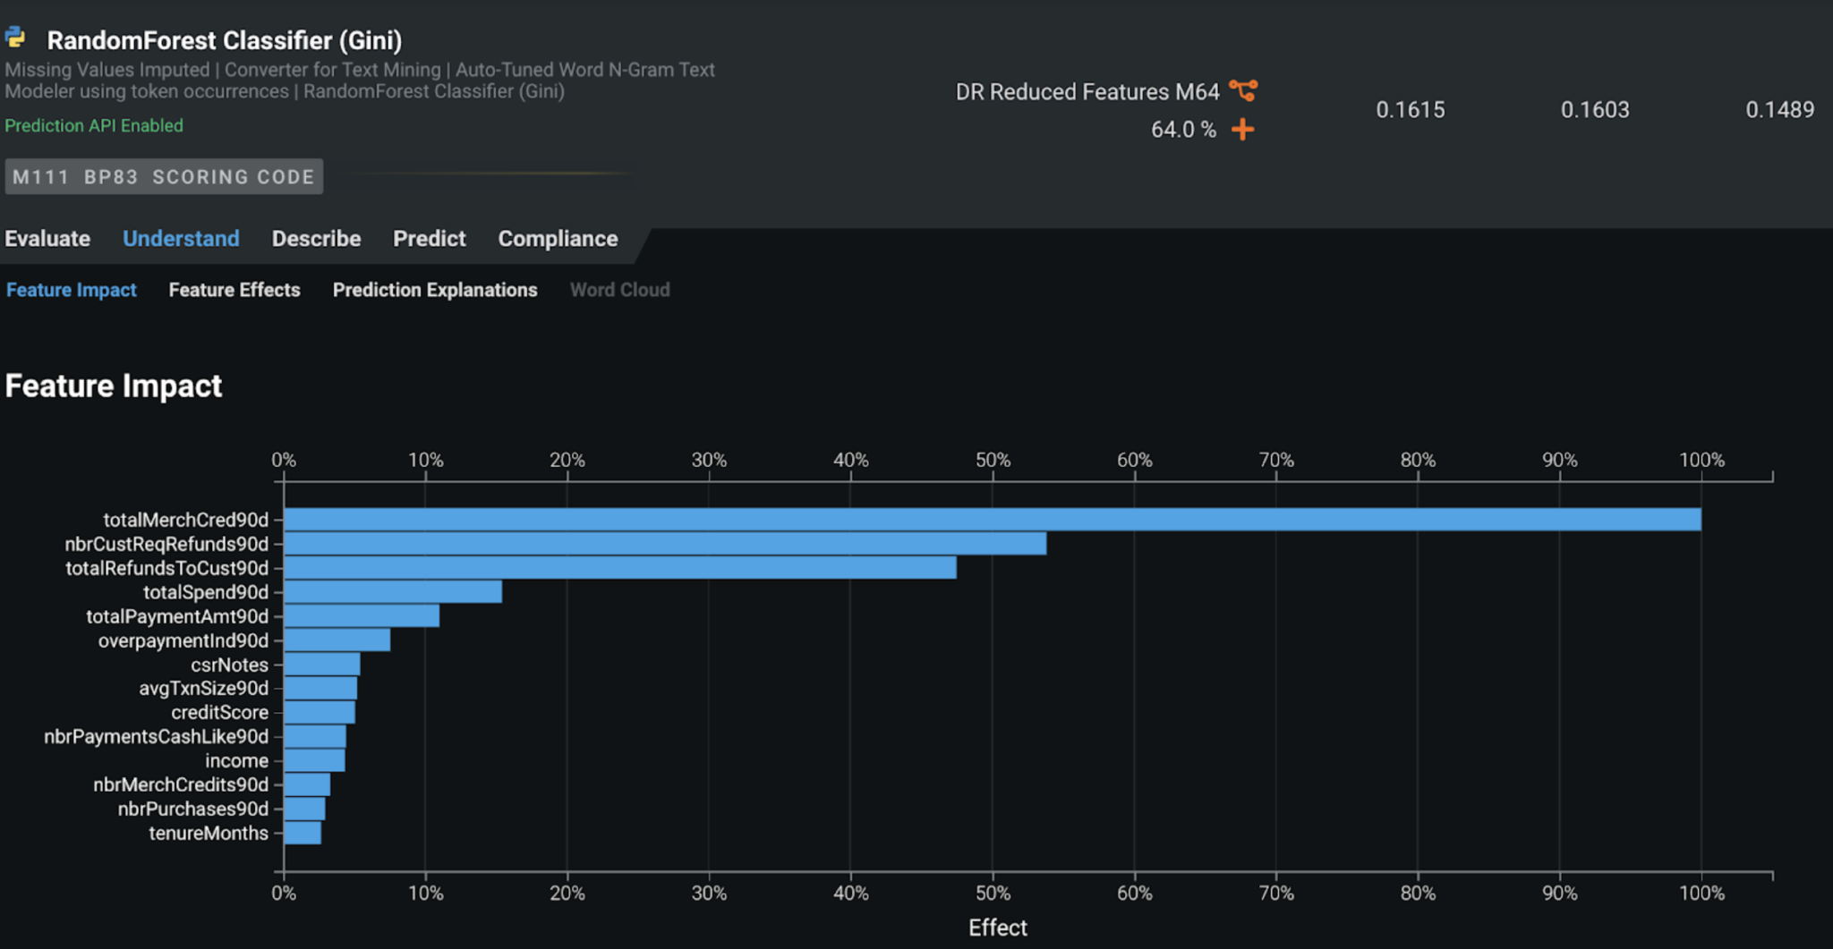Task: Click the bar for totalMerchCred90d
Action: [992, 520]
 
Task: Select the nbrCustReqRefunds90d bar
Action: [664, 544]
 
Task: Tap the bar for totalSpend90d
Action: [392, 592]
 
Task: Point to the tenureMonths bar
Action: [303, 834]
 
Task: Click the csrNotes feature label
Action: [229, 665]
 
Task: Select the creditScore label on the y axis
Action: [219, 713]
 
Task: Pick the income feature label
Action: [236, 761]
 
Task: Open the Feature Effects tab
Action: [234, 290]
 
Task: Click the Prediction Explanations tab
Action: [435, 290]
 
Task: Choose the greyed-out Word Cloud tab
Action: [619, 290]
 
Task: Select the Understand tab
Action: [181, 239]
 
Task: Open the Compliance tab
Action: [558, 239]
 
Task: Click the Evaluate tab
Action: [47, 239]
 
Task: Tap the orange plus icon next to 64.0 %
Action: [1242, 130]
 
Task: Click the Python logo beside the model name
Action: [15, 38]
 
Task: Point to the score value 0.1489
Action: [1779, 110]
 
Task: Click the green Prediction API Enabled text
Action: [94, 126]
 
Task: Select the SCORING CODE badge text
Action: [233, 177]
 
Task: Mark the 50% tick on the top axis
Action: [993, 461]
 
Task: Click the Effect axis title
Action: [997, 928]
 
